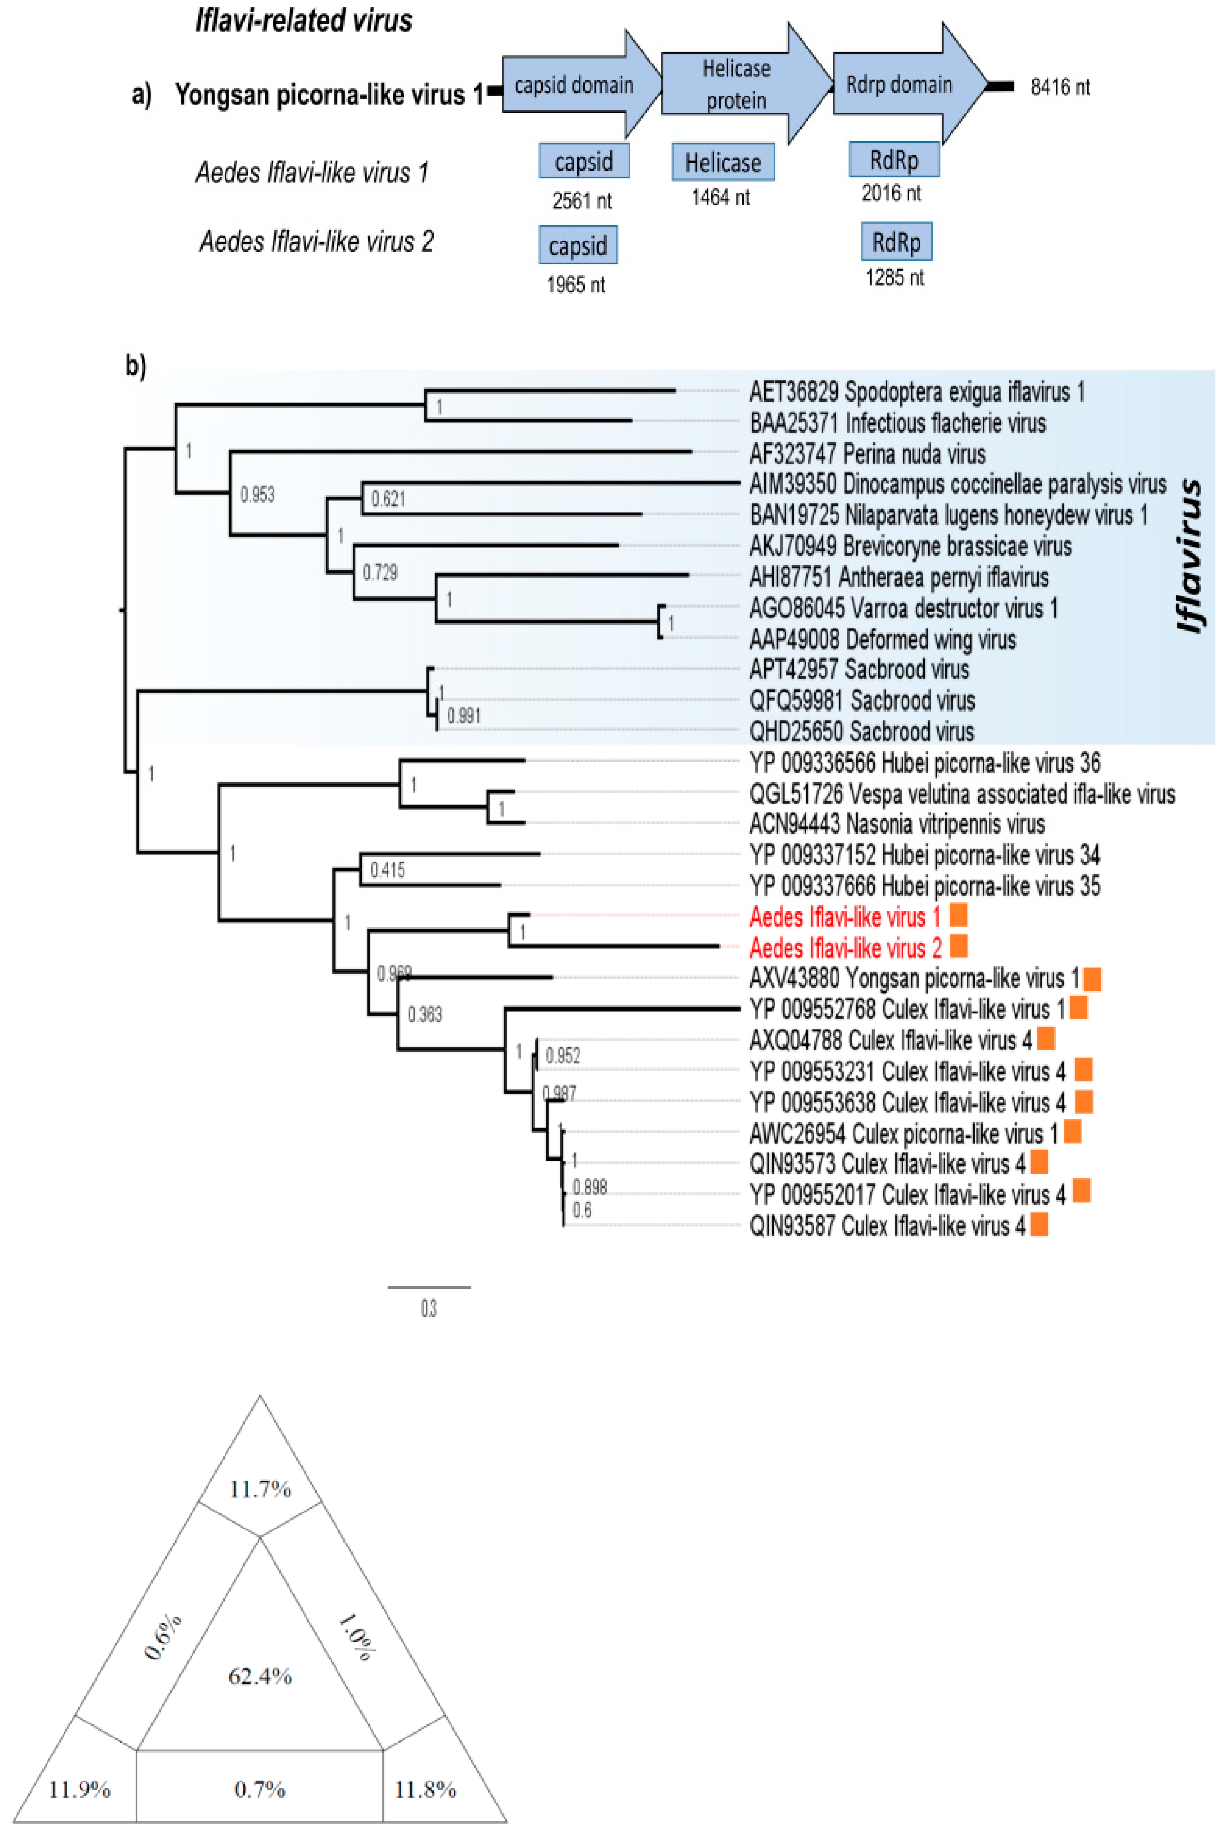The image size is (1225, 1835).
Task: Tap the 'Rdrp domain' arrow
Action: (899, 84)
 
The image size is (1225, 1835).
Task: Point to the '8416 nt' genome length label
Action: (1060, 87)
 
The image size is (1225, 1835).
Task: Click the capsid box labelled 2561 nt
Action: (583, 161)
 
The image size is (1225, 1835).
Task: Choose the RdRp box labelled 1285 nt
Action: (896, 242)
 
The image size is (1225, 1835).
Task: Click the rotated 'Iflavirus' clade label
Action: (1189, 555)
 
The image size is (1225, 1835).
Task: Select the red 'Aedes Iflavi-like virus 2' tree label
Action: (845, 948)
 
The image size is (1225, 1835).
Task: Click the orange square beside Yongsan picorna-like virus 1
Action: (1092, 979)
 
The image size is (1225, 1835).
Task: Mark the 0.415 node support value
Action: (387, 869)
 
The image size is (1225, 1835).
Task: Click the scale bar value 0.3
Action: (429, 1308)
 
